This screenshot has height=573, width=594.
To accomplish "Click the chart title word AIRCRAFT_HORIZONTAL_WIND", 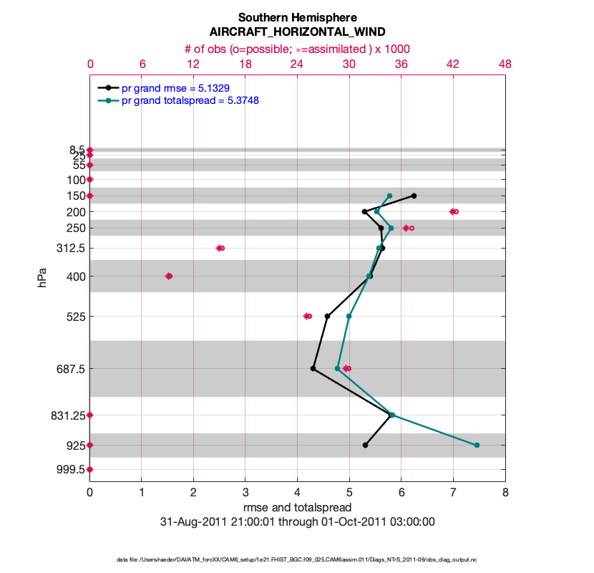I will (x=297, y=32).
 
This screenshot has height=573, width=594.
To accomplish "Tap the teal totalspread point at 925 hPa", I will (x=477, y=445).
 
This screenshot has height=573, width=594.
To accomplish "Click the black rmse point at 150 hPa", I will (x=414, y=196).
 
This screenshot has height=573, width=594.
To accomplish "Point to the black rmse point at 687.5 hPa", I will (x=313, y=368).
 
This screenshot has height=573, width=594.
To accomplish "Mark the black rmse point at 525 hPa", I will (x=327, y=316).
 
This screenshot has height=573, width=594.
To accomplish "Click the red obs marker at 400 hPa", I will (x=169, y=276).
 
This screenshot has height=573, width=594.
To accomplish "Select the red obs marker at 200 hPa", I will (x=453, y=211).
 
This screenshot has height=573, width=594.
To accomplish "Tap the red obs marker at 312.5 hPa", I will (x=220, y=248).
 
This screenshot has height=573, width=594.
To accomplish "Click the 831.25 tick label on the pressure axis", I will (x=65, y=415).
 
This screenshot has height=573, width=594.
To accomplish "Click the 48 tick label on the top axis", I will (x=505, y=64).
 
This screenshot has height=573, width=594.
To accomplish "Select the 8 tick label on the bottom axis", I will (x=505, y=493).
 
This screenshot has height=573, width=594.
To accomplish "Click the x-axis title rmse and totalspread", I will (x=297, y=508).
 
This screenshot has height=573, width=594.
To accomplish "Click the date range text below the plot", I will (x=297, y=521).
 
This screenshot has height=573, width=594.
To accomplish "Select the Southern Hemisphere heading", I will (x=297, y=17).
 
